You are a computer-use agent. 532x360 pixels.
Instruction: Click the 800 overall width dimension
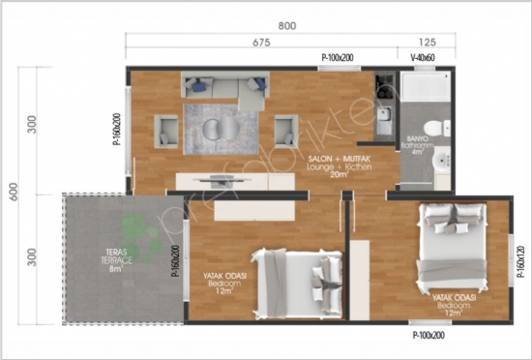pyautogui.click(x=286, y=26)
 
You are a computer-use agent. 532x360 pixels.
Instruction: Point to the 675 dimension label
pyautogui.click(x=260, y=43)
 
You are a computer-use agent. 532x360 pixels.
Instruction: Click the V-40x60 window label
pyautogui.click(x=424, y=58)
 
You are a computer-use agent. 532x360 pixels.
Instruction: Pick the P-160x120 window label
pyautogui.click(x=519, y=261)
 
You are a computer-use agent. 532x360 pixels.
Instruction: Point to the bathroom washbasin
pyautogui.click(x=442, y=161)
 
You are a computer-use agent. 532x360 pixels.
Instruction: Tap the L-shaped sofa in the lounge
pyautogui.click(x=224, y=88)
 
